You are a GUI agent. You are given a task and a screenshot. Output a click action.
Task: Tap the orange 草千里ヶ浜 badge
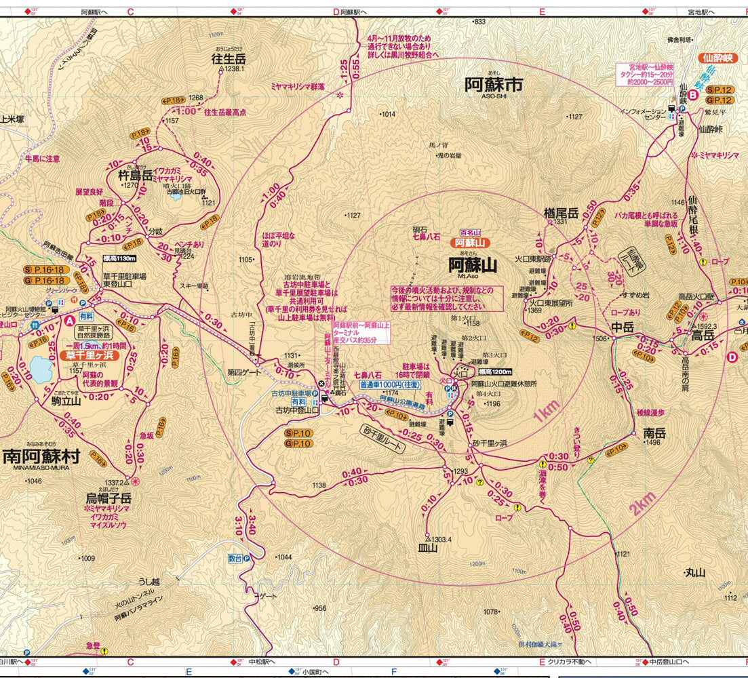pos(88,355)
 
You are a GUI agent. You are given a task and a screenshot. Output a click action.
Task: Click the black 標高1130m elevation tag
pos(119,259)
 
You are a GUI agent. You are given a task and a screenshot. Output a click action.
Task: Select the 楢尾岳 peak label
pos(560,213)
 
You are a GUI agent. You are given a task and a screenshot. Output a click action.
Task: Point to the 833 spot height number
pos(480,22)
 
